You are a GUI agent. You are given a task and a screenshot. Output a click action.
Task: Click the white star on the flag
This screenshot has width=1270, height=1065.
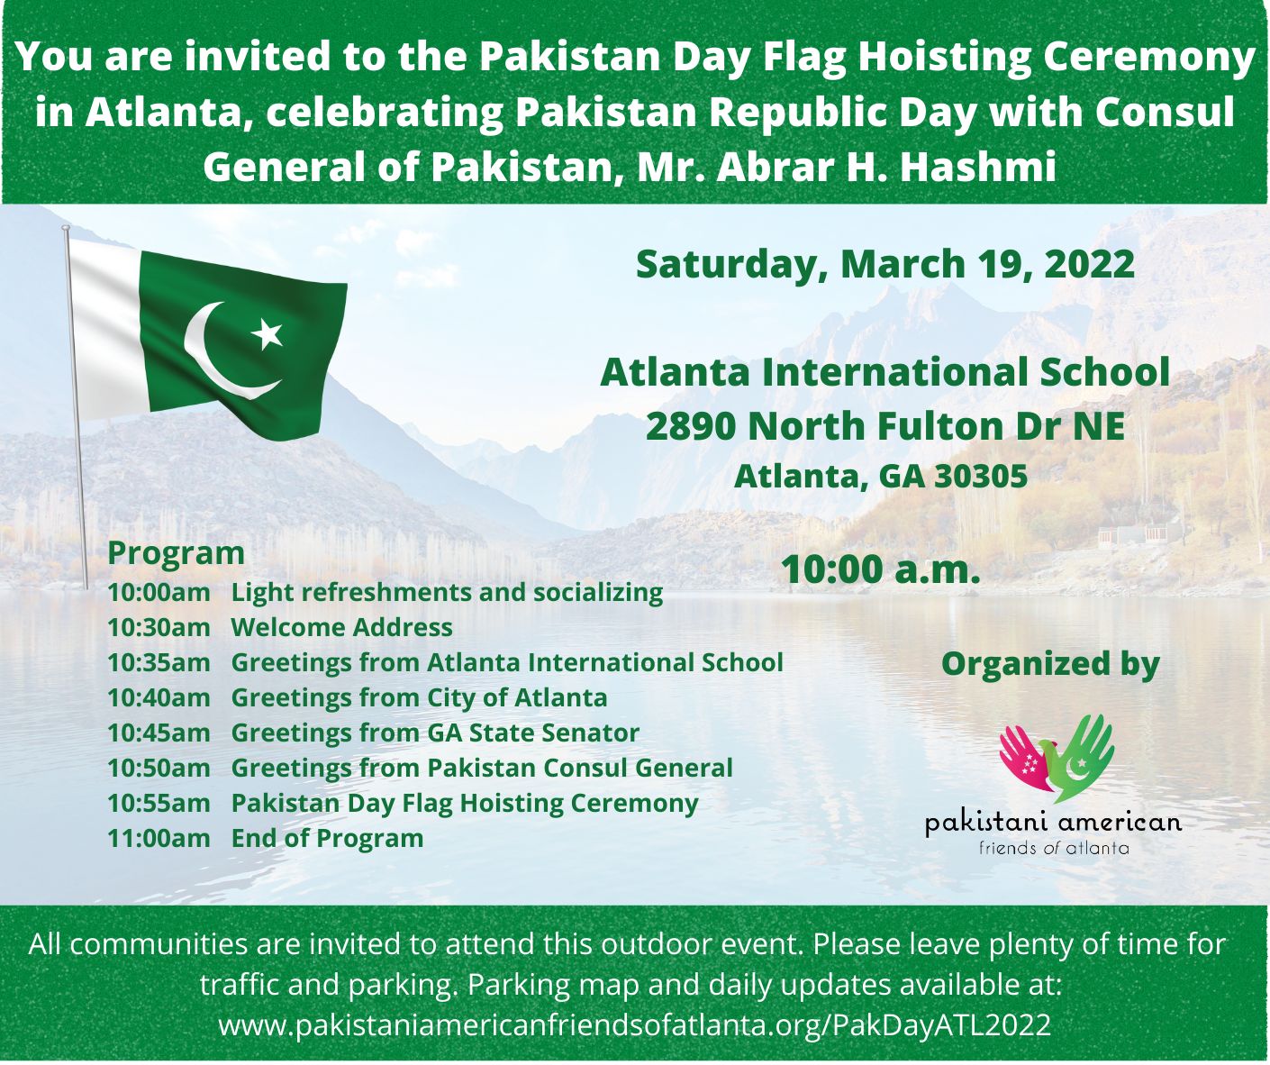click(268, 332)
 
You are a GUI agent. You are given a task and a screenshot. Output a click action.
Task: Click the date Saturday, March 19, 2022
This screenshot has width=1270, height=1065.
click(885, 265)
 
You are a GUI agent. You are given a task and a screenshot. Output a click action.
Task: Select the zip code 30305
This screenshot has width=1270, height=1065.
click(981, 477)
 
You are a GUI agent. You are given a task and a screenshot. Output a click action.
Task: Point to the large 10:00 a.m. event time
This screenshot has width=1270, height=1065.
click(880, 570)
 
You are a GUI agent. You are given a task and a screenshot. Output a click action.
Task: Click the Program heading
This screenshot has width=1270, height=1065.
click(176, 554)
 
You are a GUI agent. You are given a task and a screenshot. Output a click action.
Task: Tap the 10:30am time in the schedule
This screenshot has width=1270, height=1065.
click(159, 627)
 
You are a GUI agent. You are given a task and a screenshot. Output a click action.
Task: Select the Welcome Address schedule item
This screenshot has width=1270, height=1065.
click(342, 627)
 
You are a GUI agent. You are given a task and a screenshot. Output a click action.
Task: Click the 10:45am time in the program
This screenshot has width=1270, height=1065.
click(159, 733)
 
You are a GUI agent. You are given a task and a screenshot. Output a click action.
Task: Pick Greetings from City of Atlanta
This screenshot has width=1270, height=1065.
click(419, 698)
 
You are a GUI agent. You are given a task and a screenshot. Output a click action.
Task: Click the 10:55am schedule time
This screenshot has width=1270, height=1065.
click(159, 804)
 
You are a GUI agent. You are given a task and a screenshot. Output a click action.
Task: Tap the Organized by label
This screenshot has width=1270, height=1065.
click(1050, 664)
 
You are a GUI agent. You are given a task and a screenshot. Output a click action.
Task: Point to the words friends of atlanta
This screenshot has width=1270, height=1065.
click(1054, 848)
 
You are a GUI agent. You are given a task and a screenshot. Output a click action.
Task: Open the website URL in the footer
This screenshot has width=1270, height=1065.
click(634, 1024)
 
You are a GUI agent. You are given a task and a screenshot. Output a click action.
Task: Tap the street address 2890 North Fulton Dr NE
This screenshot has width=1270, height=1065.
click(885, 426)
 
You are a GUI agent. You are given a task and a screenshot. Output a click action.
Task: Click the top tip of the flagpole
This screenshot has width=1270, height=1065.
click(66, 227)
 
